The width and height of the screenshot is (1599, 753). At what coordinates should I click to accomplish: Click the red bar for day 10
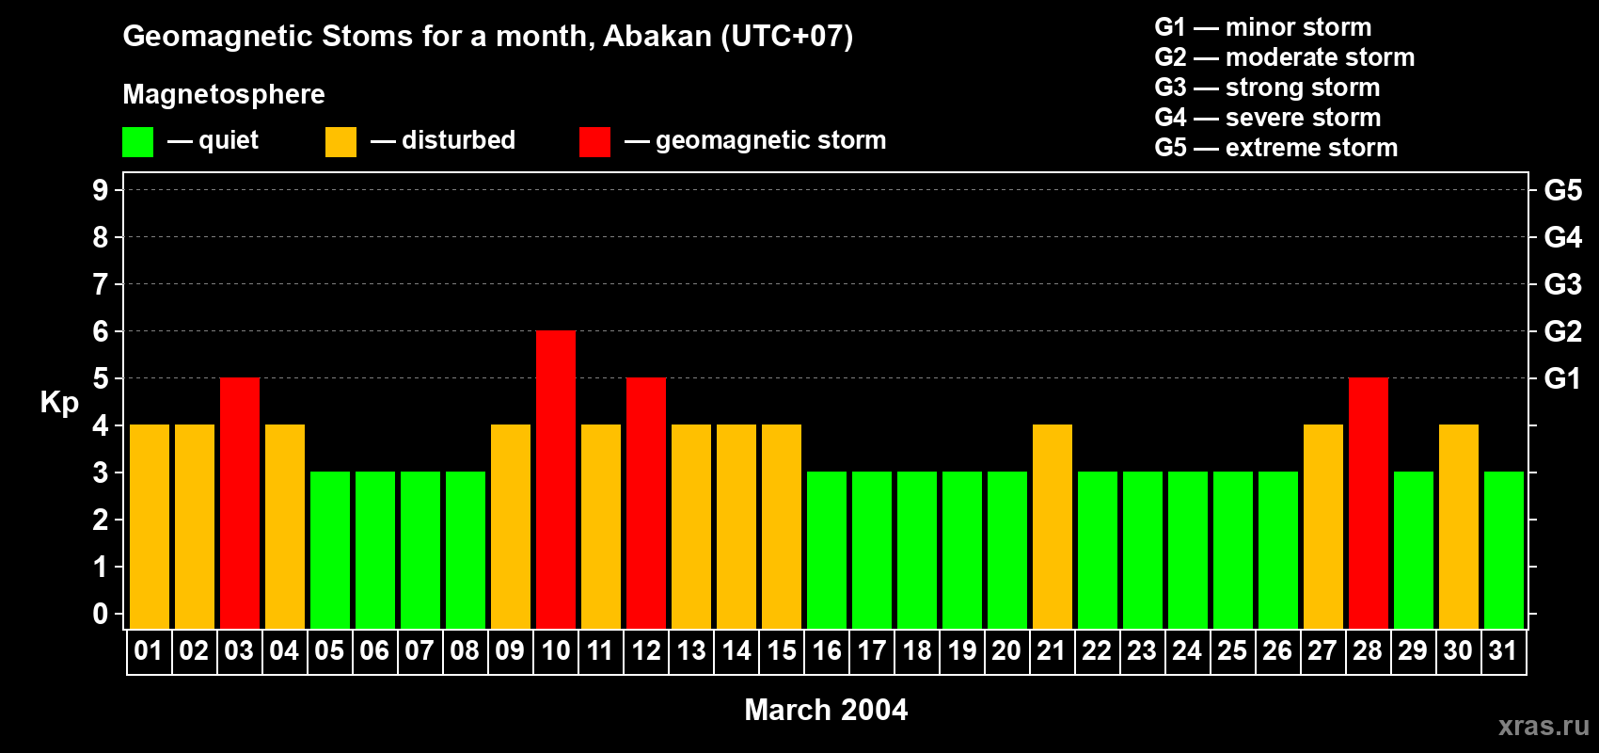pos(556,479)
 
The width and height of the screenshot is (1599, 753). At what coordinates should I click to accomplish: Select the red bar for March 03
pos(240,503)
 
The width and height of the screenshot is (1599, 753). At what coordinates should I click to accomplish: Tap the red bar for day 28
pos(1369,503)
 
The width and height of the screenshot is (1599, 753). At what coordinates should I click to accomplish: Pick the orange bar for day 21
pos(1053,526)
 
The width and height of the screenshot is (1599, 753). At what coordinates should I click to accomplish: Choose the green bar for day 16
pos(827,550)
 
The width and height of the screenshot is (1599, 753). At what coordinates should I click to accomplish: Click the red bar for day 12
pos(646,503)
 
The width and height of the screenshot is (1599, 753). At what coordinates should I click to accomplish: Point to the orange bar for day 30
pos(1459,526)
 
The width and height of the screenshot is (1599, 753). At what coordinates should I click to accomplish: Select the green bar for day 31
pos(1504,550)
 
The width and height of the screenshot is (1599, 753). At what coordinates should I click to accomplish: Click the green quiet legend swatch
pos(137,141)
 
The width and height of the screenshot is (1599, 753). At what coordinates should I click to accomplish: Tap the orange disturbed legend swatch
pos(341,141)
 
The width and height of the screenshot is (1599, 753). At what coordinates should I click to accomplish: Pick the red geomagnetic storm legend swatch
pos(595,141)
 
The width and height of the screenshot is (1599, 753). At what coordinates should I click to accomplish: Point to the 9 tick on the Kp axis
pos(100,190)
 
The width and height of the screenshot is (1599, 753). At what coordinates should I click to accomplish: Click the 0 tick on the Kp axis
pos(100,614)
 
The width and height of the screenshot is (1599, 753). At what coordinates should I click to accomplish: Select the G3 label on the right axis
pos(1563,284)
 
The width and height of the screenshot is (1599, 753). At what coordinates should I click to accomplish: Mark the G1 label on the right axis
pos(1563,378)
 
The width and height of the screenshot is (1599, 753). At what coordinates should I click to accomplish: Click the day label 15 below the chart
pos(782,650)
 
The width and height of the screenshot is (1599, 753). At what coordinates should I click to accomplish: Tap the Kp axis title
pos(59,403)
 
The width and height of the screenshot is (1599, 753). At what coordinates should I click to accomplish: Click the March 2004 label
pos(826,710)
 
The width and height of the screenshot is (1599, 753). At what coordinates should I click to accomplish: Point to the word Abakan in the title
pos(657,36)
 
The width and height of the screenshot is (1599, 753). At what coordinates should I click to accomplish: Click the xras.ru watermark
pos(1544,726)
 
